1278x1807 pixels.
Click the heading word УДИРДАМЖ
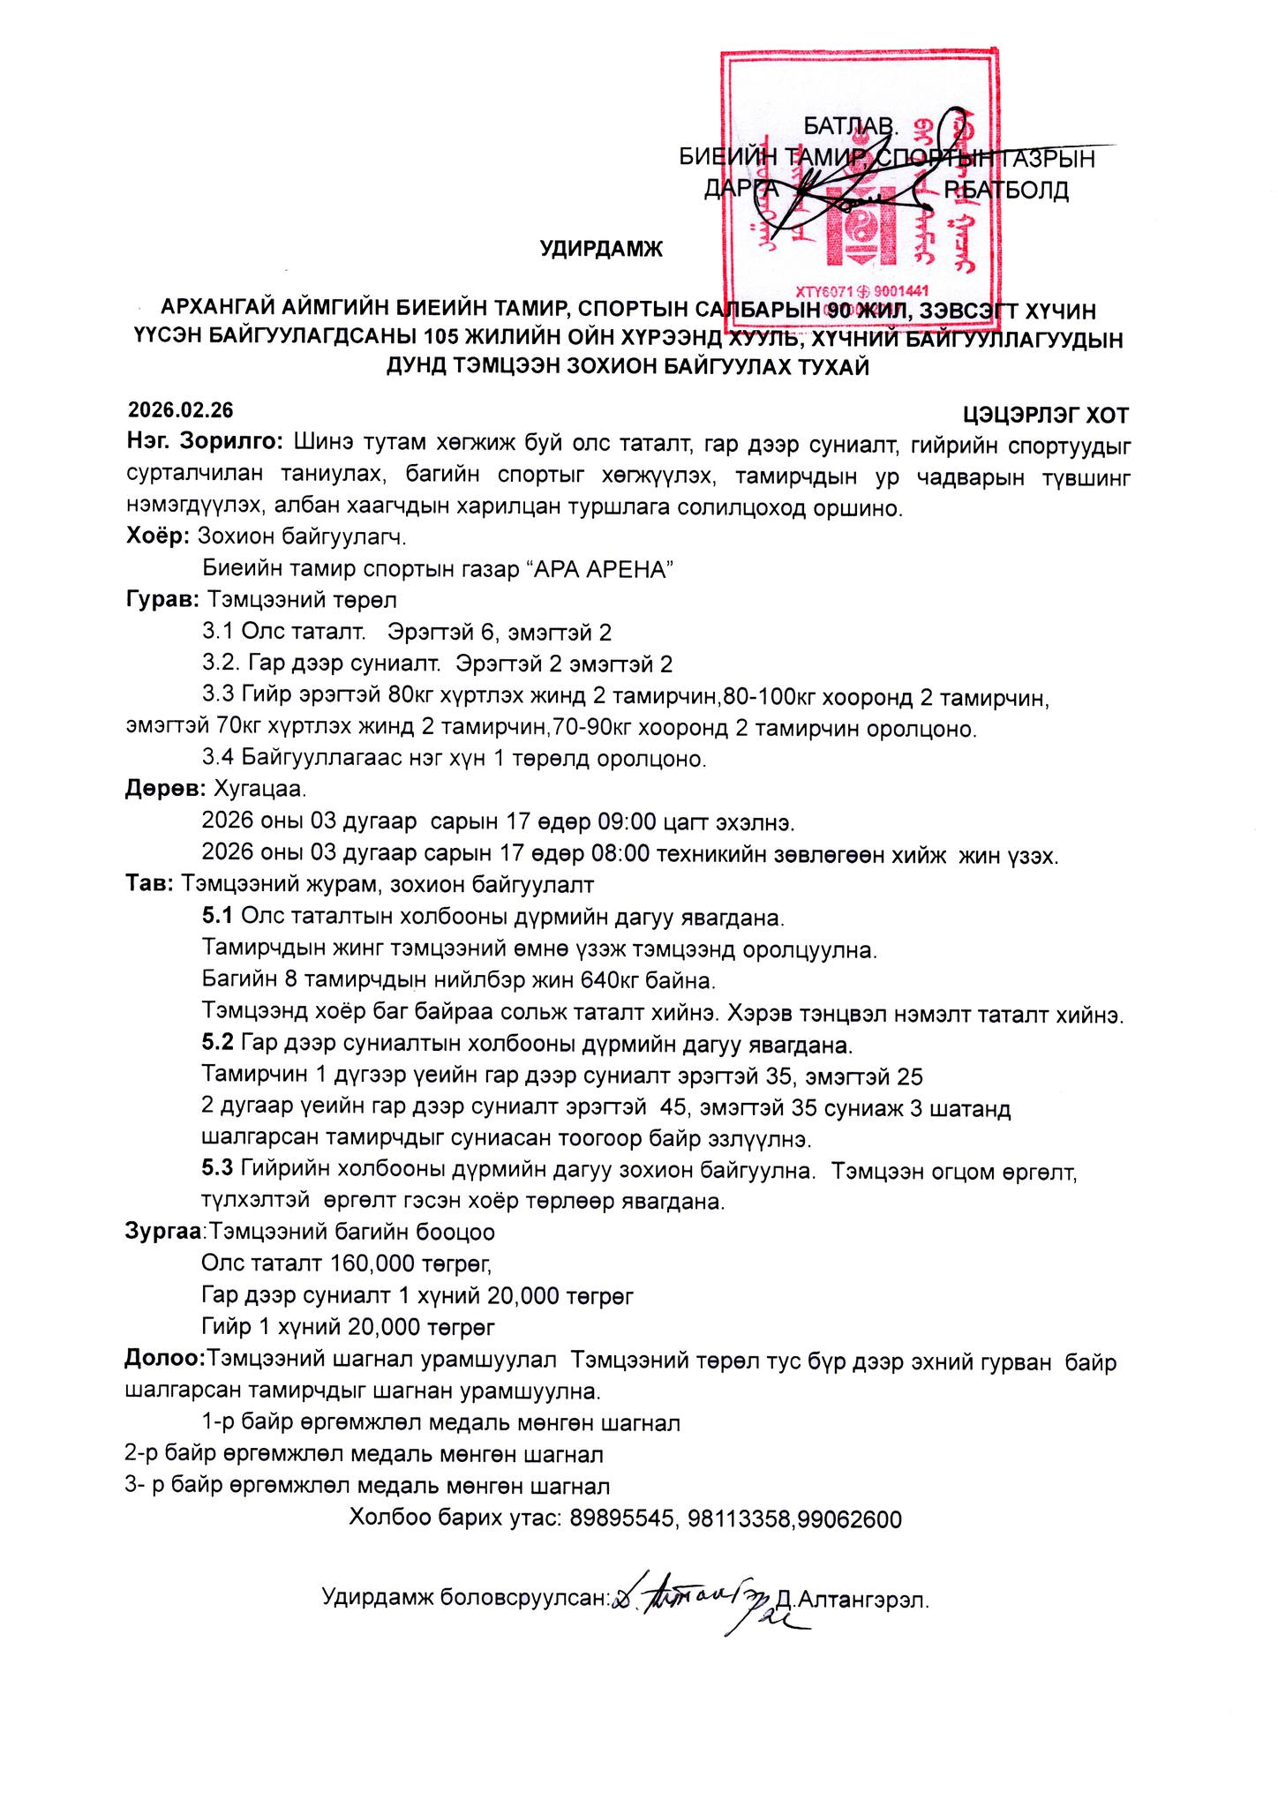[601, 250]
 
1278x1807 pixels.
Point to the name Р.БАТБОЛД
[1006, 190]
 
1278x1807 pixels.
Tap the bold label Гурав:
[162, 601]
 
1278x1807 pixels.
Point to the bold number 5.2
[218, 1045]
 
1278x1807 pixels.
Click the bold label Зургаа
[164, 1231]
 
